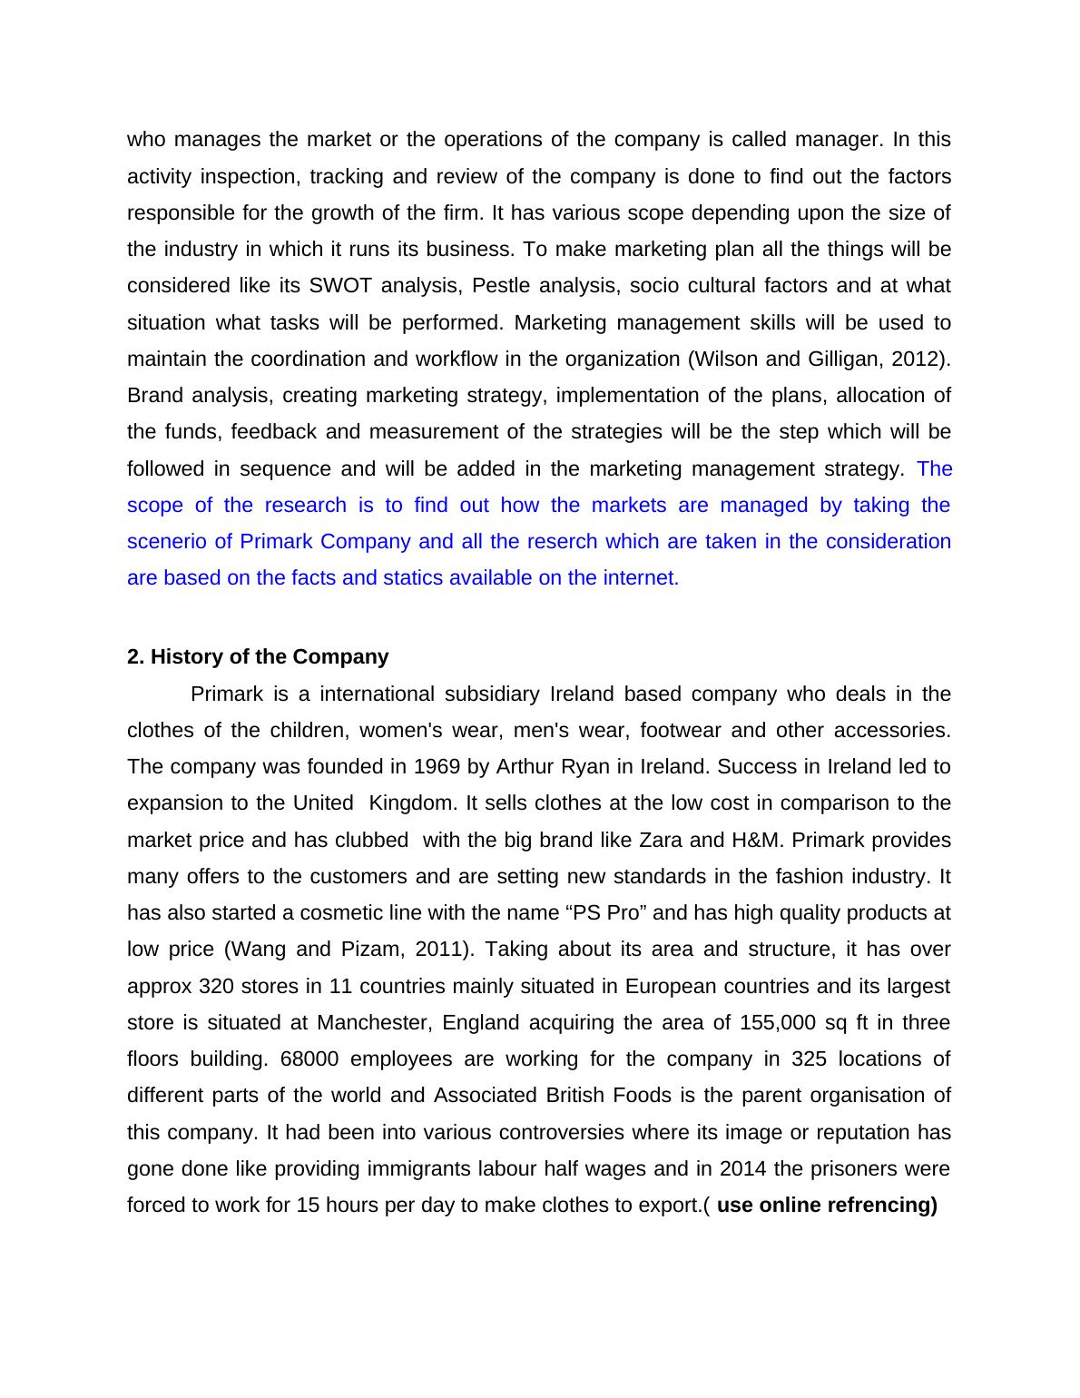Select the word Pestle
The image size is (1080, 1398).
499,286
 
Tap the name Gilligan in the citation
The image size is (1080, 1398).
841,359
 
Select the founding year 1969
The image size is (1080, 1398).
437,767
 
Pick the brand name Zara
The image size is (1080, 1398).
661,840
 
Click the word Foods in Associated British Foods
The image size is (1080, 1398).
642,1096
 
